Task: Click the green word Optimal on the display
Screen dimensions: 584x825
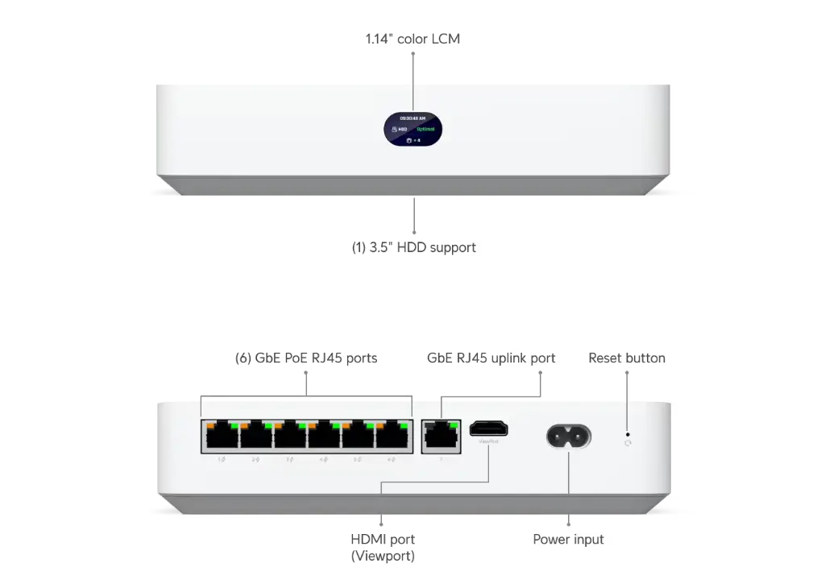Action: click(x=426, y=129)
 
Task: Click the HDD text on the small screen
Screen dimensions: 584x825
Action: click(x=400, y=129)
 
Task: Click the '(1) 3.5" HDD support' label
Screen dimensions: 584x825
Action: click(x=412, y=248)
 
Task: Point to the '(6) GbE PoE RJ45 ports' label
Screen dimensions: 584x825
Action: click(x=305, y=358)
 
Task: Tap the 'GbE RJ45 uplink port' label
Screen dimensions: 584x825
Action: click(x=491, y=358)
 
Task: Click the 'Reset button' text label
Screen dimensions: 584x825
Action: click(x=627, y=358)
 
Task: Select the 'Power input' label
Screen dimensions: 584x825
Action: click(x=568, y=539)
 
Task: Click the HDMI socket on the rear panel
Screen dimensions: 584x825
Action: click(x=489, y=429)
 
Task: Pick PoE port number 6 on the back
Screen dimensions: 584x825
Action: click(x=392, y=437)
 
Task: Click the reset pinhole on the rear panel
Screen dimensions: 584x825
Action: click(x=628, y=441)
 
